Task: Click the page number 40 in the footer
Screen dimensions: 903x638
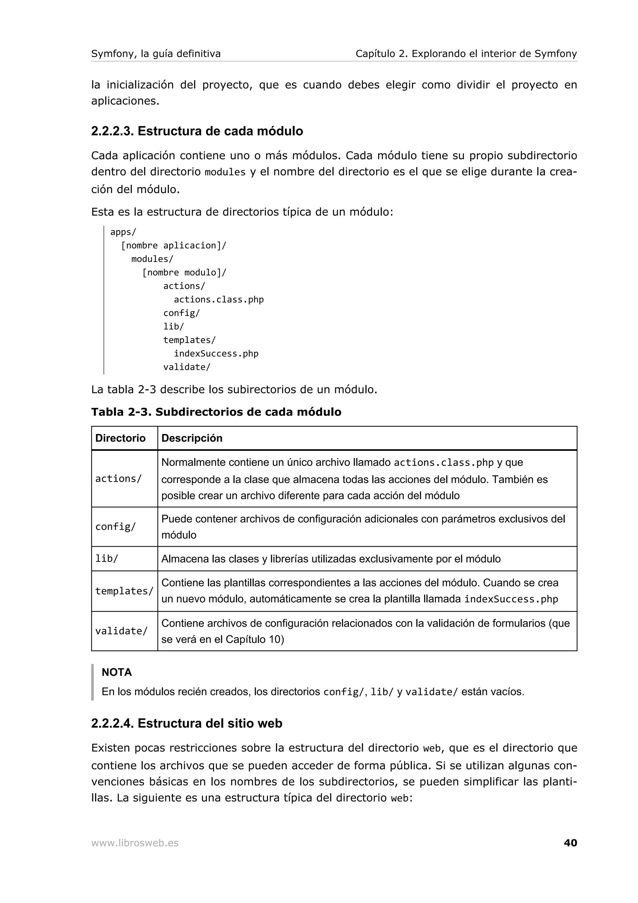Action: [x=570, y=843]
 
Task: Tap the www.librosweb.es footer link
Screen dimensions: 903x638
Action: [x=135, y=843]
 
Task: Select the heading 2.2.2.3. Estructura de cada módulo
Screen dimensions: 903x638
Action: [x=197, y=131]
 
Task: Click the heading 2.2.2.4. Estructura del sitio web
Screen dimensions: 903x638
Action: [x=187, y=723]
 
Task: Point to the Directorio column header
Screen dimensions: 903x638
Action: [x=120, y=438]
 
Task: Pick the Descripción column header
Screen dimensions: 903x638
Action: [x=192, y=438]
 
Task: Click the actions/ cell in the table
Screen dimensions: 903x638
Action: [x=118, y=479]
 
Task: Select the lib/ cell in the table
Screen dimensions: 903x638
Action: [x=107, y=558]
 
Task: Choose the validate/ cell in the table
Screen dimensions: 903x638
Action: [x=121, y=631]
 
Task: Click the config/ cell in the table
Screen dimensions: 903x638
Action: [x=116, y=527]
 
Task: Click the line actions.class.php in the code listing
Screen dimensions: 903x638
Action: [x=219, y=299]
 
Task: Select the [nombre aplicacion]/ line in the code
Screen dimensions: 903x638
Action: [x=174, y=246]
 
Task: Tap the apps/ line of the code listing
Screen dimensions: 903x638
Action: [x=123, y=232]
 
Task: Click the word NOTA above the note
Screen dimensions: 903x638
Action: [x=117, y=672]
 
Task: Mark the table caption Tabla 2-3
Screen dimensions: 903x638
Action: [x=216, y=412]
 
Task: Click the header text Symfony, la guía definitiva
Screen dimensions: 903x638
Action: [x=156, y=54]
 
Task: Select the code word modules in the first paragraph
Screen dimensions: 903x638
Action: [x=225, y=172]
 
